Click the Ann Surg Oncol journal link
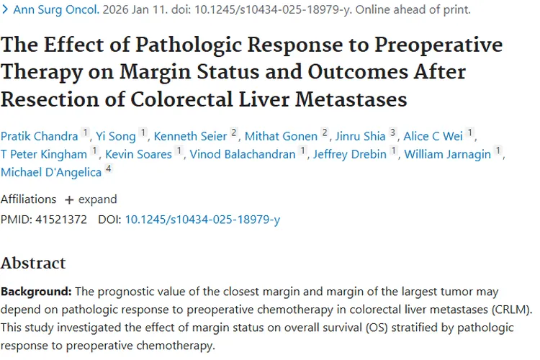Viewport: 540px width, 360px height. point(50,10)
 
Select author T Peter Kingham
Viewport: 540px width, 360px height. point(45,153)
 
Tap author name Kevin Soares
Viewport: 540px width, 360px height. point(138,153)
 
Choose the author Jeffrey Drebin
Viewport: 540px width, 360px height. point(349,153)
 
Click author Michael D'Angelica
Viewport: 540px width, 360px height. point(51,172)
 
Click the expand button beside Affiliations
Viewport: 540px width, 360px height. point(91,199)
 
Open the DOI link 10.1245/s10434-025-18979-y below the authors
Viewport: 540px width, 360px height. point(202,219)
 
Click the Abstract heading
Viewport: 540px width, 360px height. point(33,263)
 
